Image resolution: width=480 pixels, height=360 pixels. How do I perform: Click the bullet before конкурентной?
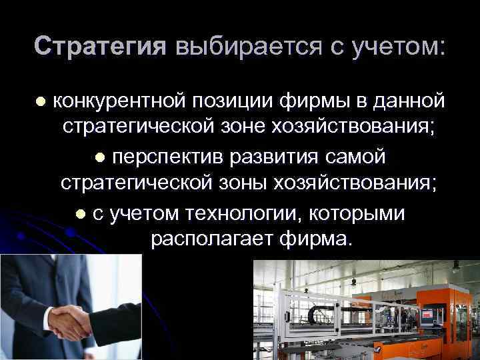tap(41, 102)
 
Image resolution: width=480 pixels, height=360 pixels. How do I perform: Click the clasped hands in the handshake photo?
tap(71, 319)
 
